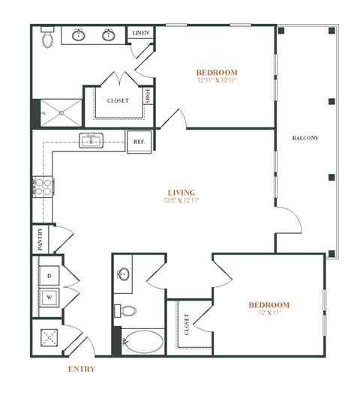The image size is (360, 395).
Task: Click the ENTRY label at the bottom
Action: point(81,370)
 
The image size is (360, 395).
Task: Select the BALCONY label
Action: point(305,138)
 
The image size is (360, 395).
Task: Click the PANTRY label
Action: point(40,239)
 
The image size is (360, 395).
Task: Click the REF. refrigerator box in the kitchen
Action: point(139,142)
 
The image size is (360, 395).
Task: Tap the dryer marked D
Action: point(49,277)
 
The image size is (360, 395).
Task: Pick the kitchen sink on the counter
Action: point(91,140)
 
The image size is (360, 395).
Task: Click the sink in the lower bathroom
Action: point(123,276)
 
